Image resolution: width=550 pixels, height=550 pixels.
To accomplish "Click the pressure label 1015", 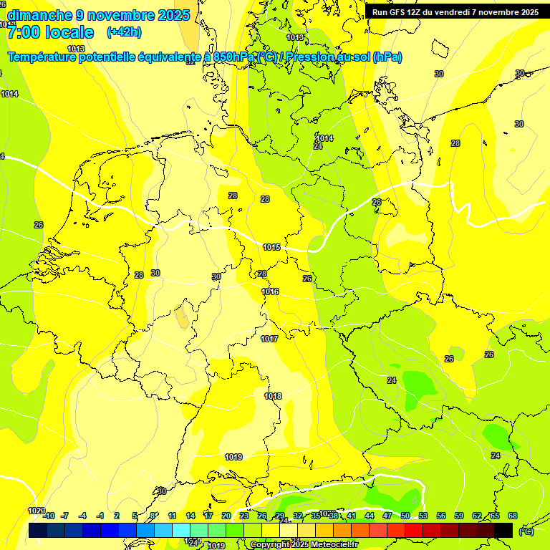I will [271, 247].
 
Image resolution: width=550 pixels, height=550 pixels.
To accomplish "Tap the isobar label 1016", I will [270, 291].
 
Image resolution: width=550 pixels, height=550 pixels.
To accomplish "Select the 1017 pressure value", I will [269, 339].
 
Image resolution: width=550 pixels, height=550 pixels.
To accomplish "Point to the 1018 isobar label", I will [273, 396].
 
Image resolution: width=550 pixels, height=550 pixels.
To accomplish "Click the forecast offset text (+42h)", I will [124, 32].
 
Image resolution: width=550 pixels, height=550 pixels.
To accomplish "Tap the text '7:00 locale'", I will [50, 32].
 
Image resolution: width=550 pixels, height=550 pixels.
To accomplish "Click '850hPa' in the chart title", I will [236, 57].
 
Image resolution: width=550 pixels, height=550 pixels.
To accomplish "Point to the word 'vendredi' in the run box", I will [460, 12].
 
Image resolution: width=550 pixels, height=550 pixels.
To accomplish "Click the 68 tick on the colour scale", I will [513, 516].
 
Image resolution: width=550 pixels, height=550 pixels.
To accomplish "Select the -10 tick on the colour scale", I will [49, 516].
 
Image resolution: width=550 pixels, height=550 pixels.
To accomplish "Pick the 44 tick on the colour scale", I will [370, 516].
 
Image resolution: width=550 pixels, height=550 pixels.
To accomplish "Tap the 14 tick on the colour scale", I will [190, 516].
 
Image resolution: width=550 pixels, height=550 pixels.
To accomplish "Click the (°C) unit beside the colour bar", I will [526, 531].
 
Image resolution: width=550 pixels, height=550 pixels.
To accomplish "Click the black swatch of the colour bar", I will [503, 530].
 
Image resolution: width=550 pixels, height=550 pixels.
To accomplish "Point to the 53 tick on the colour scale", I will [423, 516].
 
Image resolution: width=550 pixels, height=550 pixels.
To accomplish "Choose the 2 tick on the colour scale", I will [118, 516].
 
